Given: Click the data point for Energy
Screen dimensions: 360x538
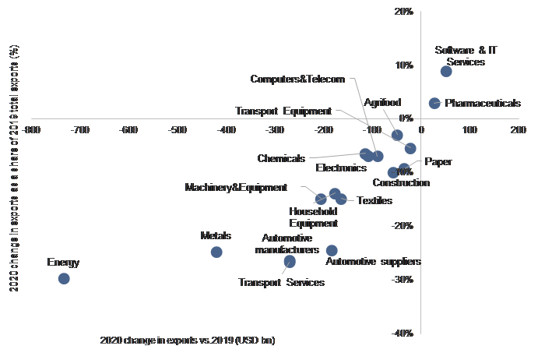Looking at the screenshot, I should click(x=64, y=278).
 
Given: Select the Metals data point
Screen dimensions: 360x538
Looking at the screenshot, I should click(x=216, y=252).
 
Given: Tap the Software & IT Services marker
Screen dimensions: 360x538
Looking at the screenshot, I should click(x=446, y=71).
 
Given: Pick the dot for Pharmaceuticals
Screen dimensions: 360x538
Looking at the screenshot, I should click(x=434, y=103).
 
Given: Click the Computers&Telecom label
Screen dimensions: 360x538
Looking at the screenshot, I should click(x=297, y=79).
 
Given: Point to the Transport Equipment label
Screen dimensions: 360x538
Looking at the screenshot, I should click(x=283, y=111).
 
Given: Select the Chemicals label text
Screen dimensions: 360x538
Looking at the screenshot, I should click(x=281, y=159).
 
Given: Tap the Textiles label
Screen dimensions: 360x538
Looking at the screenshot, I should click(x=374, y=201).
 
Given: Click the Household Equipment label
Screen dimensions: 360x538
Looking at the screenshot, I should click(x=313, y=217).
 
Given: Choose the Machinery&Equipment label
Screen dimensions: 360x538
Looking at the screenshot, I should click(x=236, y=188).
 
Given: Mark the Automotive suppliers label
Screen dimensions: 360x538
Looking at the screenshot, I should click(x=373, y=262).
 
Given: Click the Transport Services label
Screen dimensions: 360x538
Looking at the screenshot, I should click(x=281, y=282).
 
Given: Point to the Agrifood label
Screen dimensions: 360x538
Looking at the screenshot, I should click(x=383, y=103).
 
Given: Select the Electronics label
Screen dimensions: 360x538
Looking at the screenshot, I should click(x=341, y=168).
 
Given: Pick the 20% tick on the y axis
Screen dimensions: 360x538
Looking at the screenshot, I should click(x=404, y=12).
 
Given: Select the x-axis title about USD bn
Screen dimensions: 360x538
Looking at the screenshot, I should click(x=188, y=341).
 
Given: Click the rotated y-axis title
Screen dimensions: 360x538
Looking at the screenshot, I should click(x=14, y=168).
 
